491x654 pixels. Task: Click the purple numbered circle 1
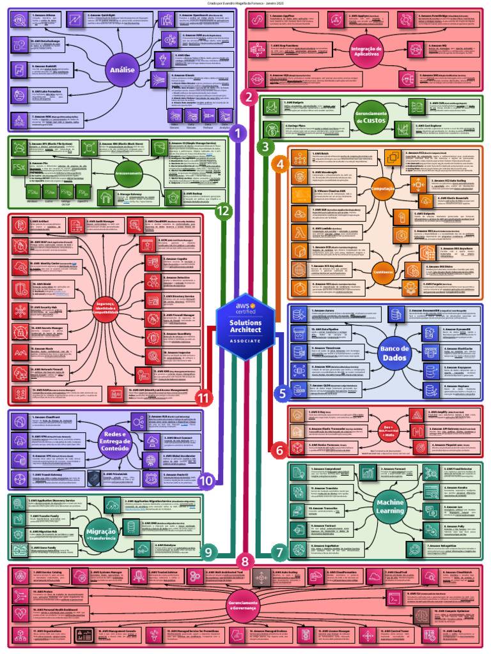(237, 133)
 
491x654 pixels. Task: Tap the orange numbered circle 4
(279, 164)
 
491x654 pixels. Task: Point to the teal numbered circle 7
(278, 550)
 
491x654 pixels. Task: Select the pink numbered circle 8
(245, 560)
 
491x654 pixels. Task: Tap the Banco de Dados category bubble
(394, 353)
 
